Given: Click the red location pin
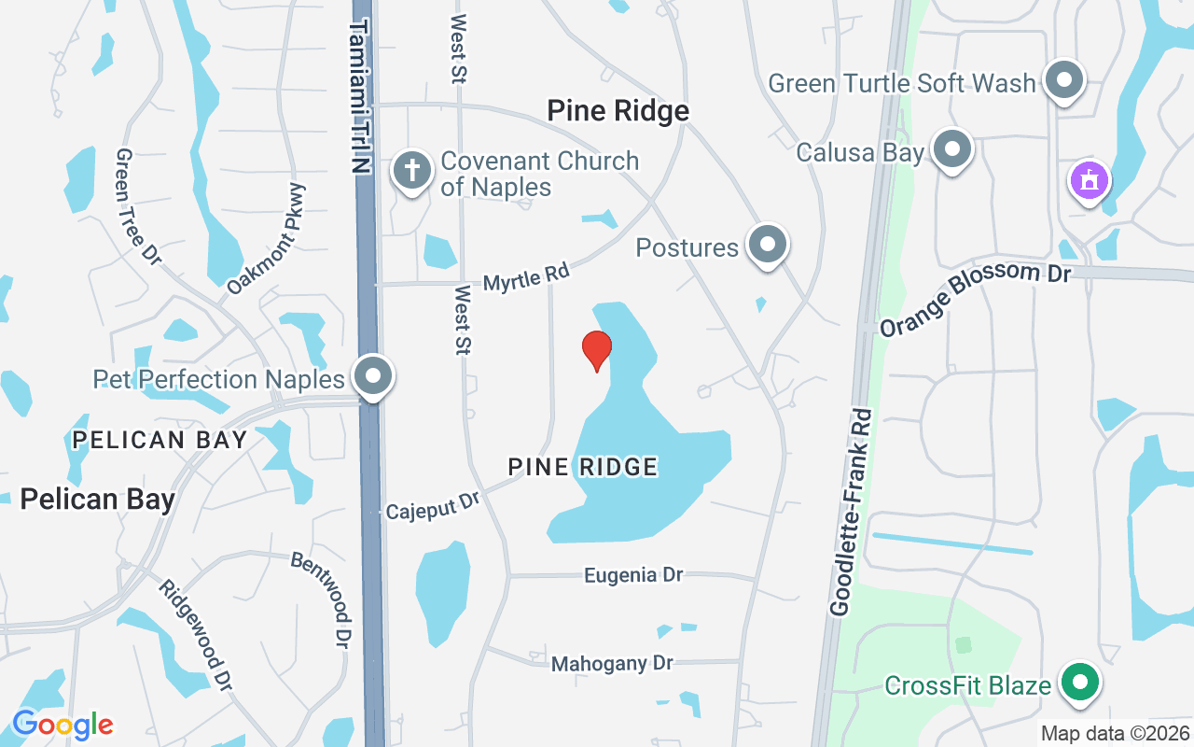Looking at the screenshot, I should tap(597, 349).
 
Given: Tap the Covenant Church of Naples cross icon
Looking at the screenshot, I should tap(411, 171).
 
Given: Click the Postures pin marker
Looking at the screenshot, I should tap(769, 245).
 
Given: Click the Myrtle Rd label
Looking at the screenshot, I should tap(526, 277).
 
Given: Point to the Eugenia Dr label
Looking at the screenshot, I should tap(633, 575).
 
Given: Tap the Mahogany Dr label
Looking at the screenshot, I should tap(612, 664).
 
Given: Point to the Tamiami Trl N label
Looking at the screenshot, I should tap(360, 93).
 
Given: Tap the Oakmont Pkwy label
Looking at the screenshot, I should tap(267, 240).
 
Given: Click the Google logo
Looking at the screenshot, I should tap(62, 725).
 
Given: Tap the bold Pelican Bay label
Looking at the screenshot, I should tap(97, 500).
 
